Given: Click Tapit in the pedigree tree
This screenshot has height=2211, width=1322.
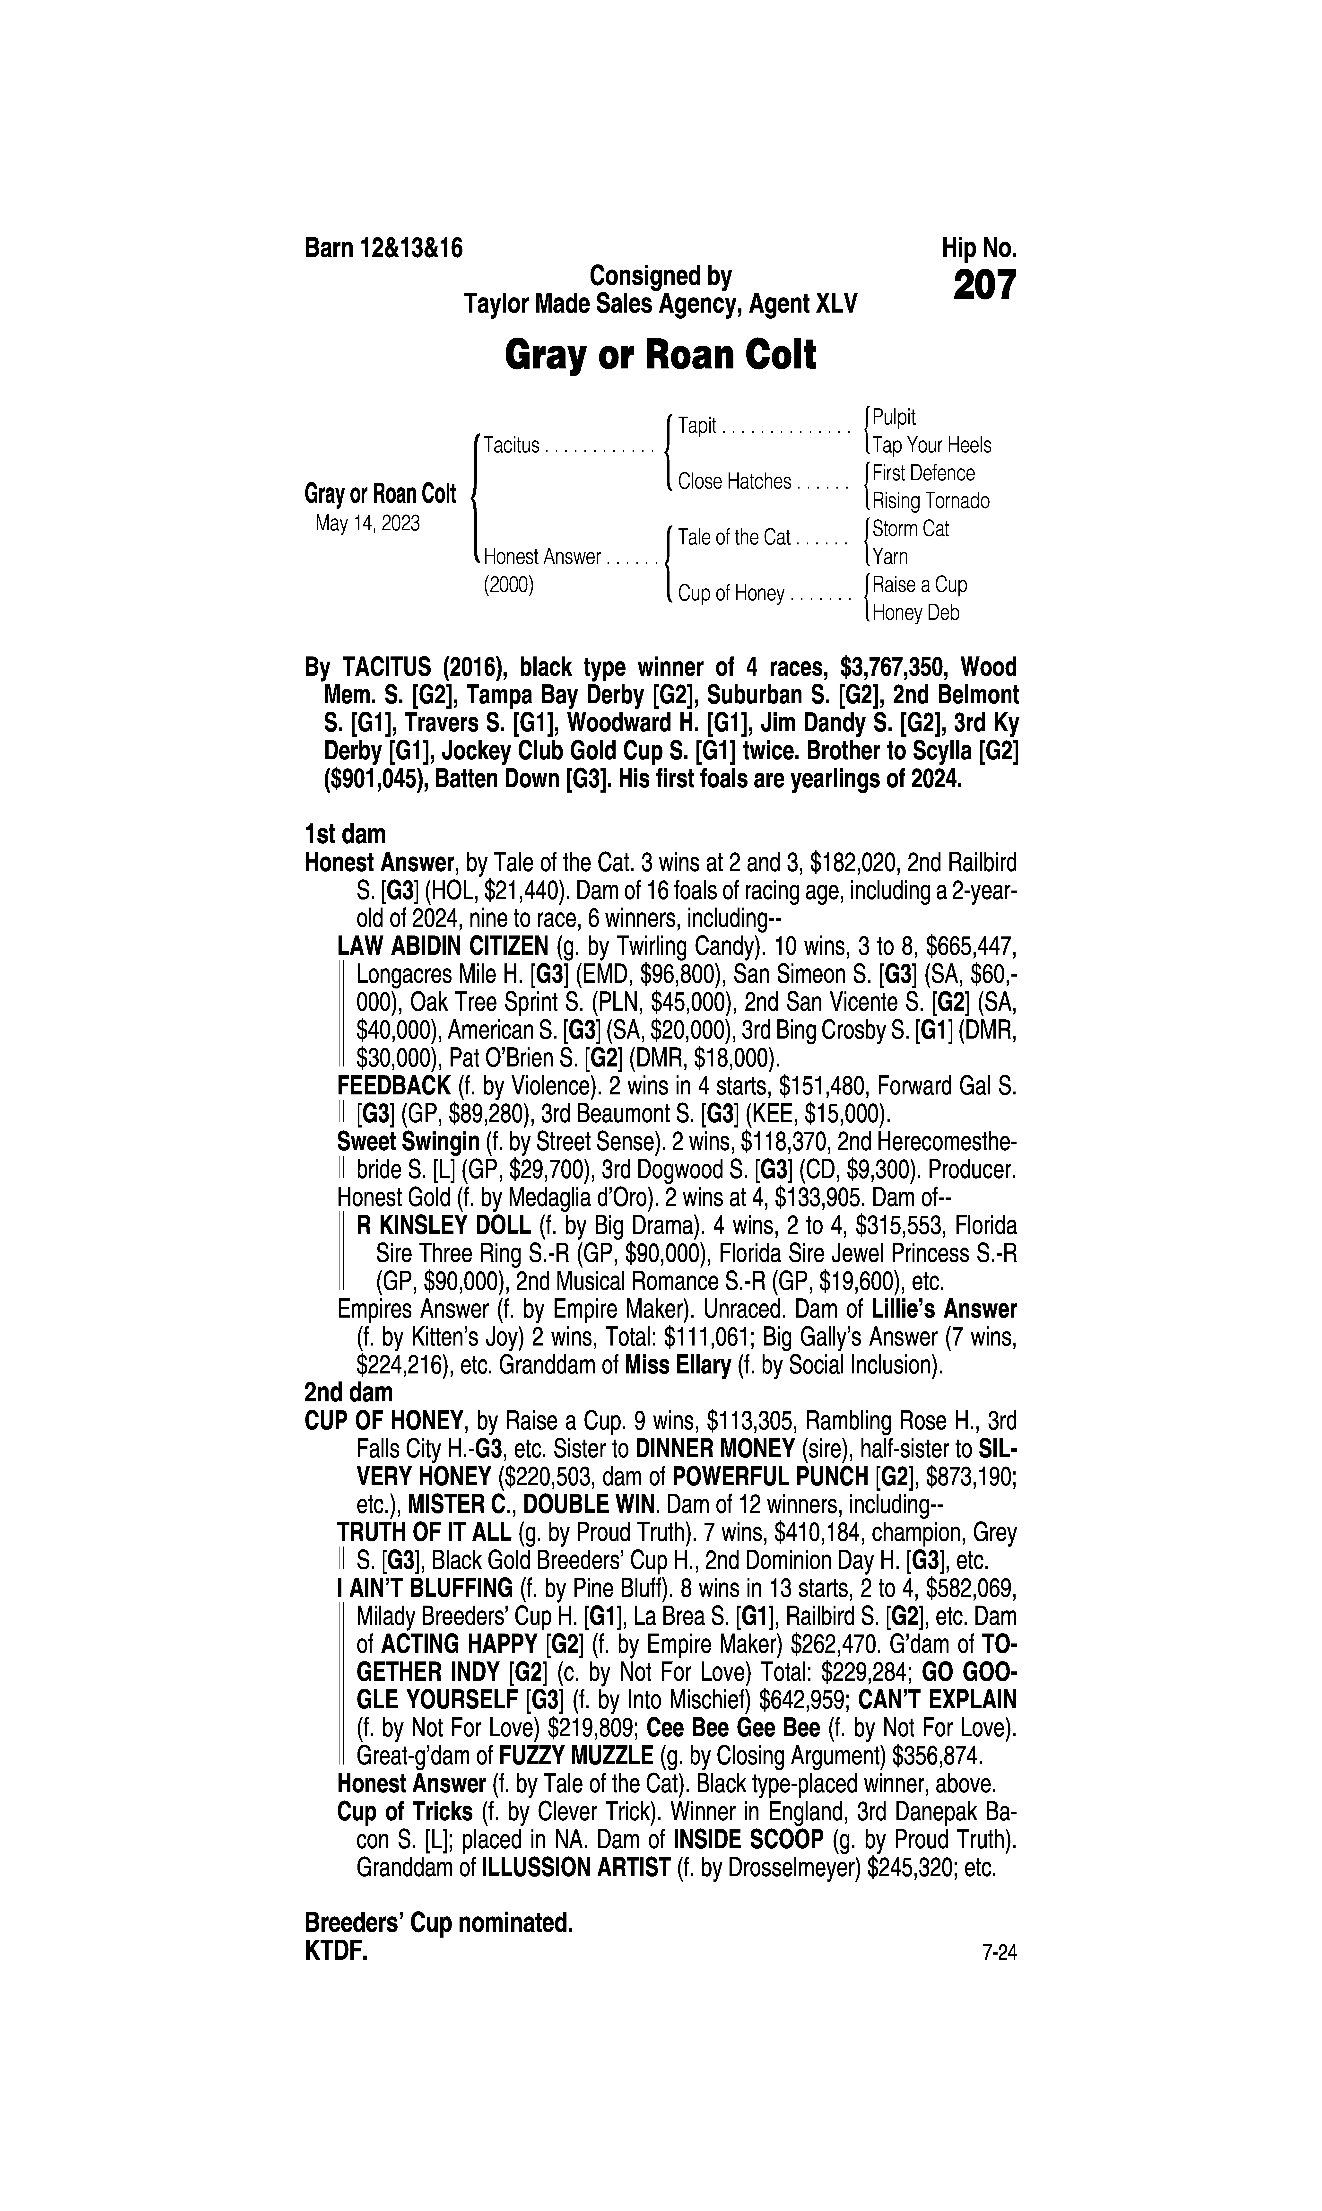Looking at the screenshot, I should coord(697,426).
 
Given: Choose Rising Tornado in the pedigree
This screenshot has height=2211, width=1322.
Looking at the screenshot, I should coord(931,502).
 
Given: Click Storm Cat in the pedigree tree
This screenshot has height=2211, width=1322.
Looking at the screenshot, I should coord(910,529).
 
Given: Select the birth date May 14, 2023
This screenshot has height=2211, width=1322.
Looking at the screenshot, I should coord(367,523).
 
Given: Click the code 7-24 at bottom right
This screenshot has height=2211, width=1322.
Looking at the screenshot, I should coord(999,1954).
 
